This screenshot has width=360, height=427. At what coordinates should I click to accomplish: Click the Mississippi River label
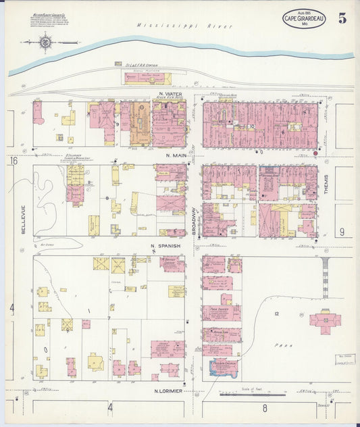(184, 26)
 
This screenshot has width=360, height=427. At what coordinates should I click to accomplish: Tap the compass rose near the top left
(47, 43)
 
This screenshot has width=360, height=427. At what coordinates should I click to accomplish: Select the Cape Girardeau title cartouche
(304, 18)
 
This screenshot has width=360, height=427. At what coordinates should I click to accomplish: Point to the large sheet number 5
(342, 18)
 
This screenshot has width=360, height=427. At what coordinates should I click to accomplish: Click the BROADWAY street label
(194, 221)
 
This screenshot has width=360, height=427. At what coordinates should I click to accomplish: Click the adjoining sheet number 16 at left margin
(13, 161)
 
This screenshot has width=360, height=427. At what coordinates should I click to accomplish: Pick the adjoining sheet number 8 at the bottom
(265, 407)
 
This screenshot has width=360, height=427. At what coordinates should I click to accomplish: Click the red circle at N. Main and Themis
(315, 153)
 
